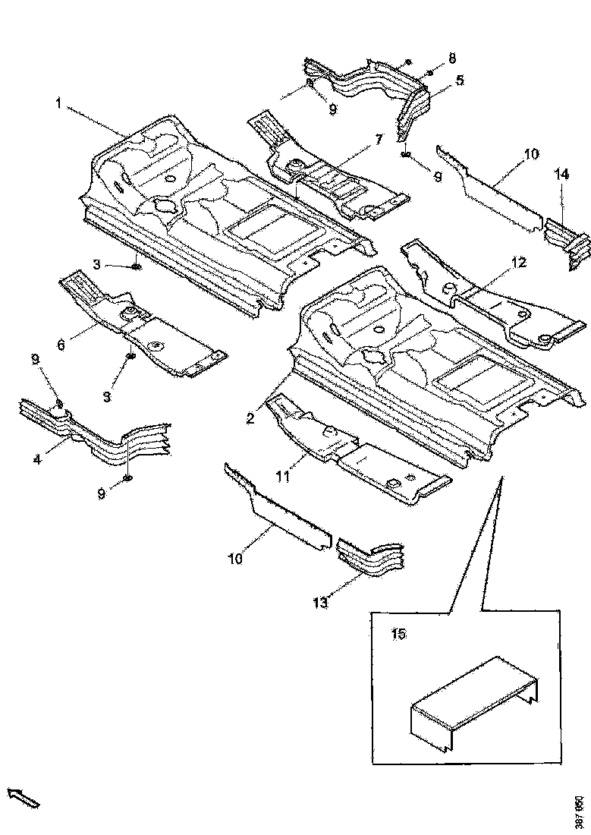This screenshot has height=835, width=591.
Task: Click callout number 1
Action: [58, 102]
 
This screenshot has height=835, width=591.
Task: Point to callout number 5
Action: [460, 79]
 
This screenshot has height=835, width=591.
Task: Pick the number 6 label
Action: [61, 343]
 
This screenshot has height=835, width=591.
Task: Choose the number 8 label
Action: [452, 58]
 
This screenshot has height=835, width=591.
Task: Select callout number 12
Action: [518, 263]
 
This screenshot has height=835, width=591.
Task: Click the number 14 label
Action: [561, 174]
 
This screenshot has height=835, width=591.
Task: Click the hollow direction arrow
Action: [23, 798]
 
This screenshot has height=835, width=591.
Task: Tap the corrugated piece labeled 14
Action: [567, 239]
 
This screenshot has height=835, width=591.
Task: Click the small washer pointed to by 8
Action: [429, 73]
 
